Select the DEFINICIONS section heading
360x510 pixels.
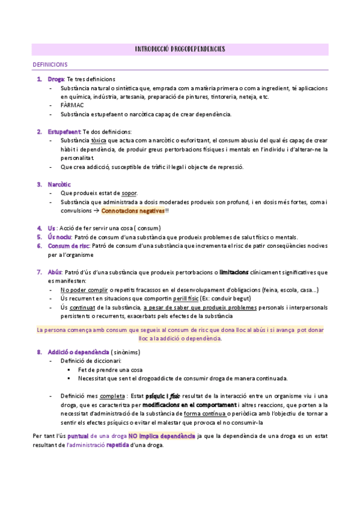pyautogui.click(x=50, y=64)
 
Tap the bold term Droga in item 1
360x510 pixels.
pyautogui.click(x=56, y=79)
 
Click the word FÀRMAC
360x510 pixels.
pyautogui.click(x=72, y=105)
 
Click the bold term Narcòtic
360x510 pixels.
pyautogui.click(x=59, y=184)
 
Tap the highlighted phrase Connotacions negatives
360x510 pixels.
pyautogui.click(x=132, y=211)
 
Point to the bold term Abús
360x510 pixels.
pyautogui.click(x=55, y=272)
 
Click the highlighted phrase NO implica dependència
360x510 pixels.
pyautogui.click(x=161, y=435)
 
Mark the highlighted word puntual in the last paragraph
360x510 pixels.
pyautogui.click(x=79, y=435)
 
